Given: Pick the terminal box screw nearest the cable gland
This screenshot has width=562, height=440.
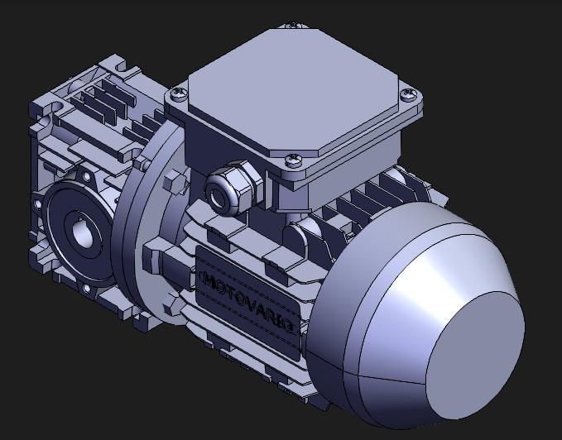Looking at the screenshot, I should [293, 160].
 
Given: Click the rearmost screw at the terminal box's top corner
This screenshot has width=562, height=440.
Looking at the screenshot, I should [292, 26].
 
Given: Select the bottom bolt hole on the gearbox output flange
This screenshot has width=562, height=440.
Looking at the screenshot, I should [83, 289].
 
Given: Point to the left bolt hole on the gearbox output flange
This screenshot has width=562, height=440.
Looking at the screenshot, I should [36, 203].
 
